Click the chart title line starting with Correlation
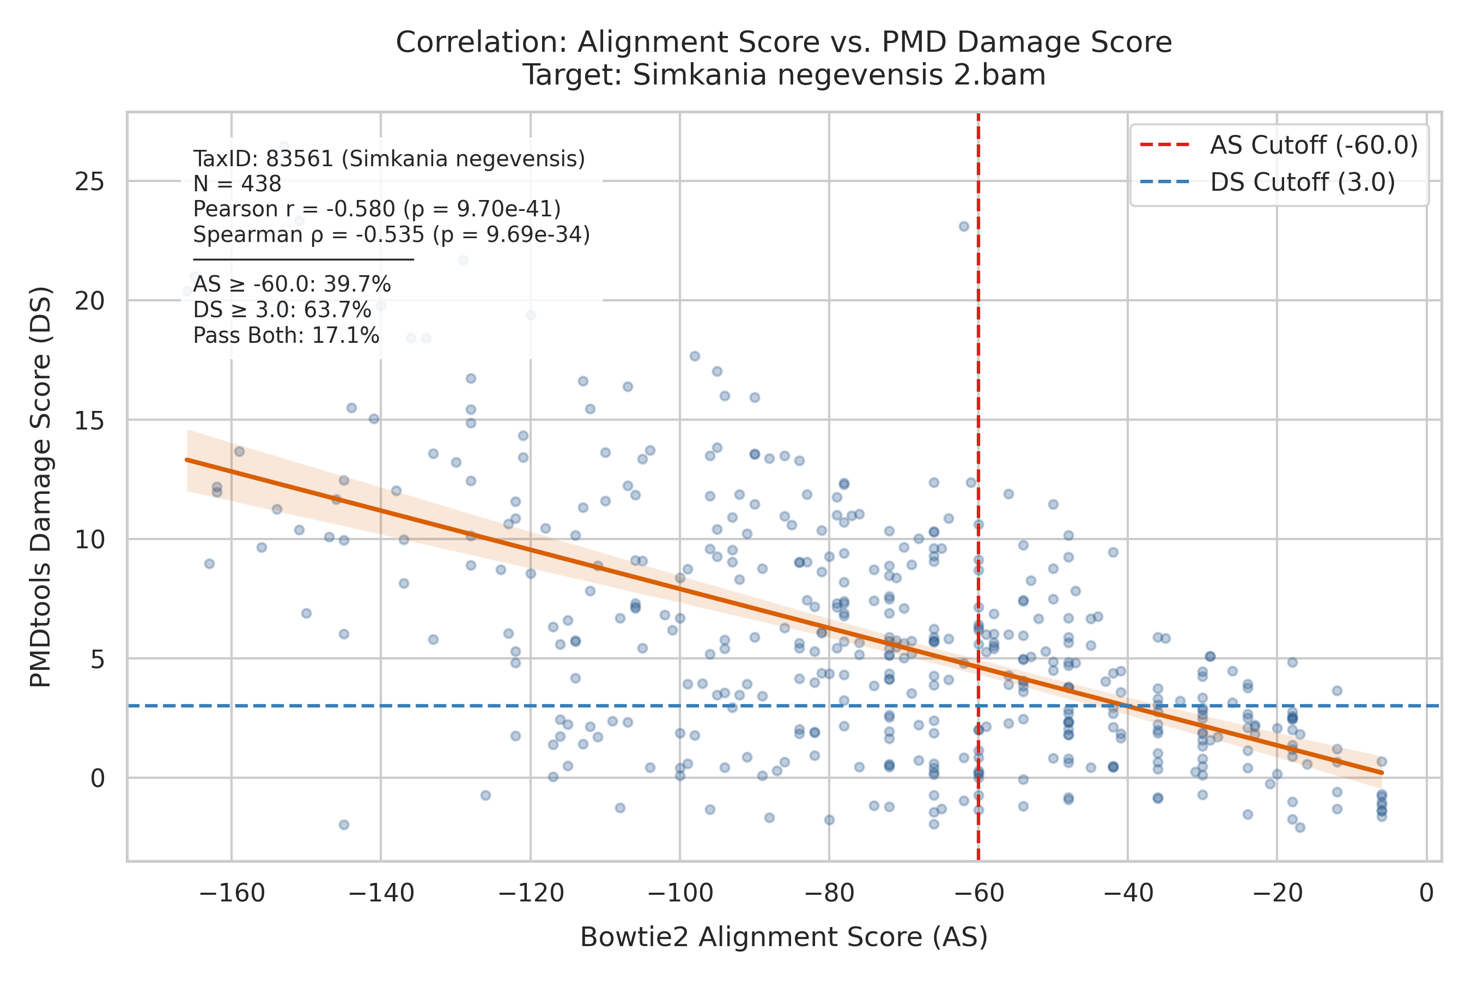pos(783,43)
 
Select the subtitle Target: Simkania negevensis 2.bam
pos(783,75)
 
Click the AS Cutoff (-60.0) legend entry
pos(1279,145)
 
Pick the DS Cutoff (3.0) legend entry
pos(1268,182)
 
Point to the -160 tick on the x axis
pos(232,893)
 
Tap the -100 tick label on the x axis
pos(680,893)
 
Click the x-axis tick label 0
pos(1426,893)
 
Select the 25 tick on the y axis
pos(89,182)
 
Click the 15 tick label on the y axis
pos(89,420)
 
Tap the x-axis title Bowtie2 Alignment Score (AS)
pos(783,937)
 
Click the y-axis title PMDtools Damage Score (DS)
pos(41,487)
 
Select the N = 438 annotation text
pos(237,184)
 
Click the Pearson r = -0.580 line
pos(376,209)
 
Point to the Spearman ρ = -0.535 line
pos(392,234)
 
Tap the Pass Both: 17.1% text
pos(286,336)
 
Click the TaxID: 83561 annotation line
pos(389,159)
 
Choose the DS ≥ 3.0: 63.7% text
pos(282,310)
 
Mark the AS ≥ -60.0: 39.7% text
pos(292,284)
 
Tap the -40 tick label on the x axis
pos(1128,893)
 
